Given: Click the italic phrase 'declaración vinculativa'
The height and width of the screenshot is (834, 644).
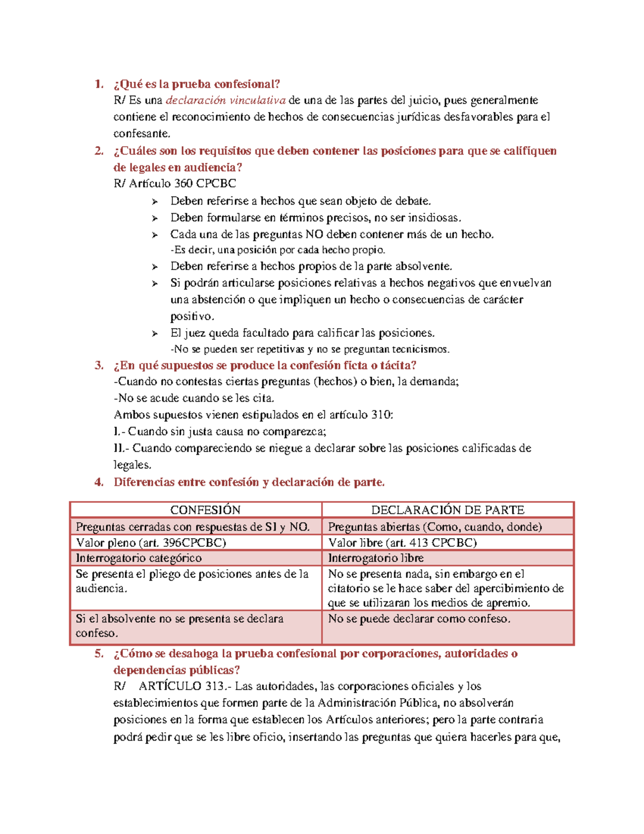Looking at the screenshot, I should click(x=225, y=100).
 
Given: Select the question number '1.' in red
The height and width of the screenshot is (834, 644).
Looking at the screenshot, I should click(x=99, y=84).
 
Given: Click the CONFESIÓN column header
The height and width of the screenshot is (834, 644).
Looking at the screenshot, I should click(x=205, y=510).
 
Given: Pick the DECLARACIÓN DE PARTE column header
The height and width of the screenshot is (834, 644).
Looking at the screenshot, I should click(x=448, y=510).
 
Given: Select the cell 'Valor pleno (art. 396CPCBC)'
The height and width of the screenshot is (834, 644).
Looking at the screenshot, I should click(x=151, y=542).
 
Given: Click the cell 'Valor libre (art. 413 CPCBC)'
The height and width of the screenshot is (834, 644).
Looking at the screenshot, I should click(x=402, y=542).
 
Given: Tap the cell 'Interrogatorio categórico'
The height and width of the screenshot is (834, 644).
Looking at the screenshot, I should click(x=138, y=558).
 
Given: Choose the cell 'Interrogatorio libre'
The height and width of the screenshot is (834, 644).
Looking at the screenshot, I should click(x=376, y=558).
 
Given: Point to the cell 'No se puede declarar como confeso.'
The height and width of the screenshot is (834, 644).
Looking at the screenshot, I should click(x=419, y=619).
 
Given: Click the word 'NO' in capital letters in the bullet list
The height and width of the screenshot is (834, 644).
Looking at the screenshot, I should click(x=314, y=234).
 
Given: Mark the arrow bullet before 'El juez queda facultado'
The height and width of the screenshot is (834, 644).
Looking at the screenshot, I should click(x=155, y=334).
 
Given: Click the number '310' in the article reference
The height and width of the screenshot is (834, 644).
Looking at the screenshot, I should click(x=382, y=415).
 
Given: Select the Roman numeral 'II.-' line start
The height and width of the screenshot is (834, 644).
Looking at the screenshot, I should click(x=121, y=448).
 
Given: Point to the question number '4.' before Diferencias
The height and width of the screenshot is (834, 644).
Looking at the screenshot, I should click(x=99, y=482).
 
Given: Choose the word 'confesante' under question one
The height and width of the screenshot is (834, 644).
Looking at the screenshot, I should click(x=141, y=134).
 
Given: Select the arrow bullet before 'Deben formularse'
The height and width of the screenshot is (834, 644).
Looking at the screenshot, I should click(x=155, y=219).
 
